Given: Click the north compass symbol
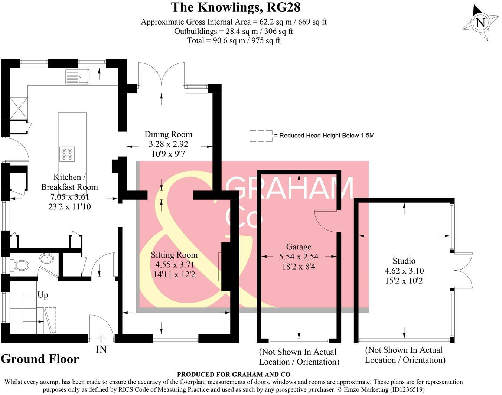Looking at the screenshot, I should (480, 23).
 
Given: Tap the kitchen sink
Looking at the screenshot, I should (77, 76).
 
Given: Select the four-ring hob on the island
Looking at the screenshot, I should (67, 154).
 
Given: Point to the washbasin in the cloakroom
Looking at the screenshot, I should (46, 258).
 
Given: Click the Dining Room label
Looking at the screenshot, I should (169, 134).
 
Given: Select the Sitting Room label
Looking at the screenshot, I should (174, 255).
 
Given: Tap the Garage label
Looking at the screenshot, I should (299, 247).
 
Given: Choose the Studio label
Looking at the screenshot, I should (404, 261).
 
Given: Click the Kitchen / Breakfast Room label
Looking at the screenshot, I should (69, 182).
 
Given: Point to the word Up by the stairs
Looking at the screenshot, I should (43, 295).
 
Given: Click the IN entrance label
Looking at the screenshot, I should (101, 349).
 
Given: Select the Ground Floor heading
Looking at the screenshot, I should (40, 359).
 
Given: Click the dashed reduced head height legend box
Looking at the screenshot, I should (261, 136).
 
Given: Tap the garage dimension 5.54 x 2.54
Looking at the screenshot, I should (299, 257).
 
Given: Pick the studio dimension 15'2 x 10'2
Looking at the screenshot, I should (404, 281).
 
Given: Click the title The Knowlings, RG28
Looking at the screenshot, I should (235, 7).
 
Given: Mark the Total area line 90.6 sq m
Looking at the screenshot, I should (233, 40).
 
